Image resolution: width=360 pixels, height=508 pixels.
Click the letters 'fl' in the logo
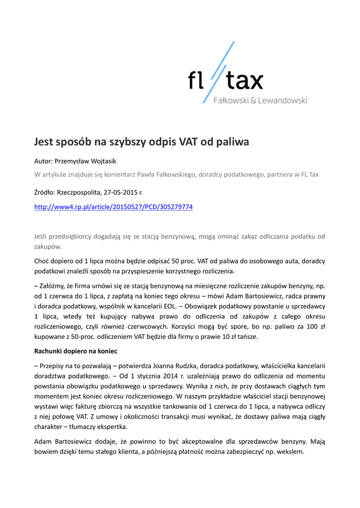click(x=196, y=81)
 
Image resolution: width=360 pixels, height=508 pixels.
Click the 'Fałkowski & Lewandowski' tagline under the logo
click(x=260, y=101)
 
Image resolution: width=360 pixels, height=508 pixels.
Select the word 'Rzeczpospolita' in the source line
click(x=80, y=191)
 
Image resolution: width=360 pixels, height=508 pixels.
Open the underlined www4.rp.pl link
click(x=113, y=206)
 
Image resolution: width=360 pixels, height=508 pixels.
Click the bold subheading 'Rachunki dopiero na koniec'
click(x=75, y=351)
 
